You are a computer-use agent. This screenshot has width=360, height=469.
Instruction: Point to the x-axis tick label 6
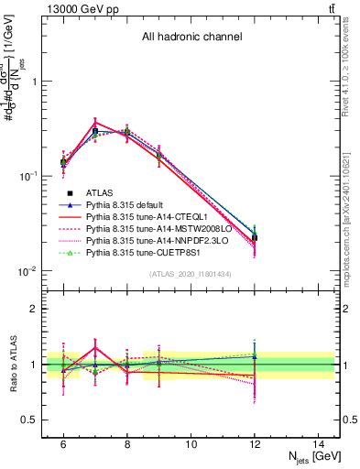point(63,443)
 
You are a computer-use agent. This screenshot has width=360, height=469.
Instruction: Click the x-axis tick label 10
point(191,443)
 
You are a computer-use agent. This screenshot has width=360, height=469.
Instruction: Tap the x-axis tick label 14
point(318,443)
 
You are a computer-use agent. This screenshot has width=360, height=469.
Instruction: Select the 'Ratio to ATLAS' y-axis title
point(12,365)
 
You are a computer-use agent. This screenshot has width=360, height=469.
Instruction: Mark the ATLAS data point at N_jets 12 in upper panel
point(255,237)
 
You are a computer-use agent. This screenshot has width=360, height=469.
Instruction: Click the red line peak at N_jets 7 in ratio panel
point(95,347)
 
